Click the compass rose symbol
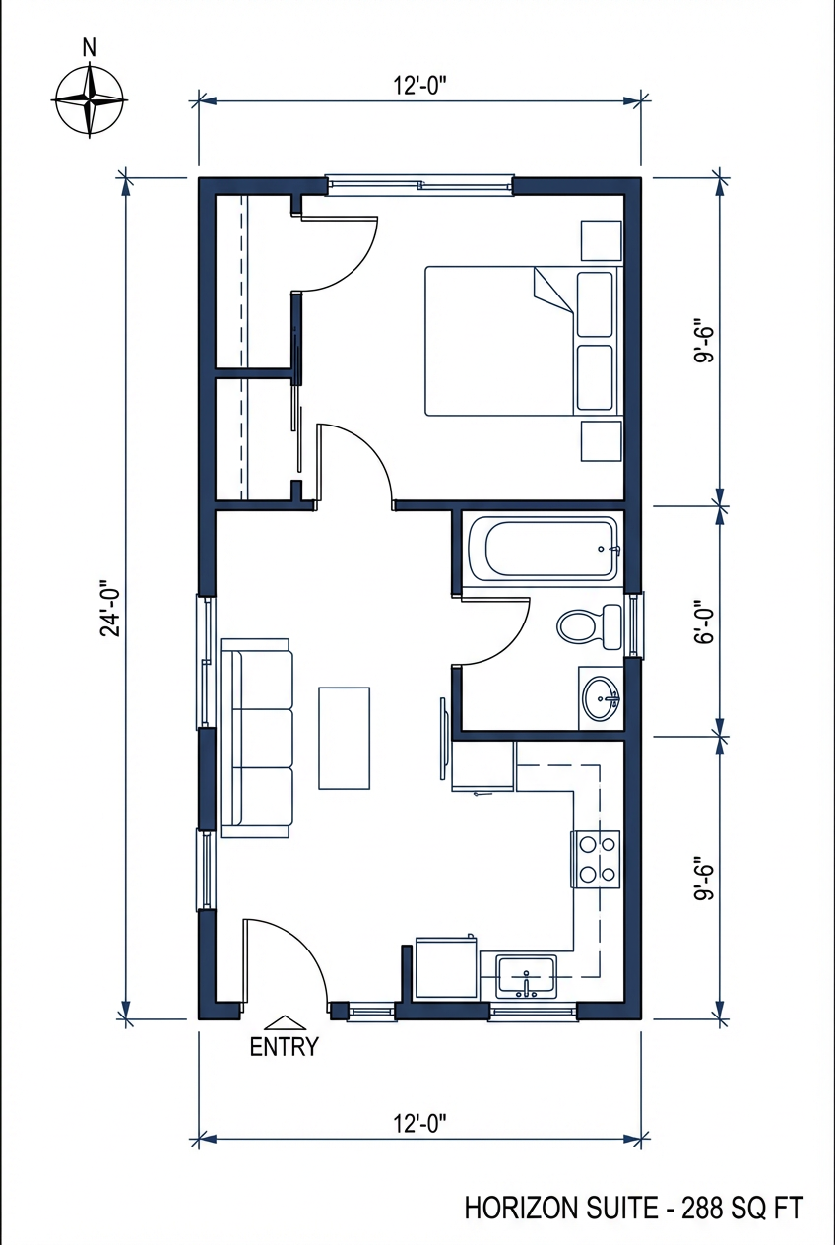pyautogui.click(x=90, y=99)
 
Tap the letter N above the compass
pyautogui.click(x=90, y=46)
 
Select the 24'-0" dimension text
pyautogui.click(x=110, y=612)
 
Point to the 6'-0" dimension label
pyautogui.click(x=702, y=622)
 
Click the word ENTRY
pyautogui.click(x=284, y=1047)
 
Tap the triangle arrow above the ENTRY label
pyautogui.click(x=284, y=1022)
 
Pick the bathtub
pyautogui.click(x=544, y=549)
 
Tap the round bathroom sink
pyautogui.click(x=601, y=698)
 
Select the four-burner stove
pyautogui.click(x=596, y=859)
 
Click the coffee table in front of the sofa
pyautogui.click(x=344, y=739)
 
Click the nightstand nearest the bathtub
pyautogui.click(x=601, y=440)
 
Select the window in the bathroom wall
pyautogui.click(x=636, y=625)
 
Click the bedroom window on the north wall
pyautogui.click(x=420, y=184)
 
